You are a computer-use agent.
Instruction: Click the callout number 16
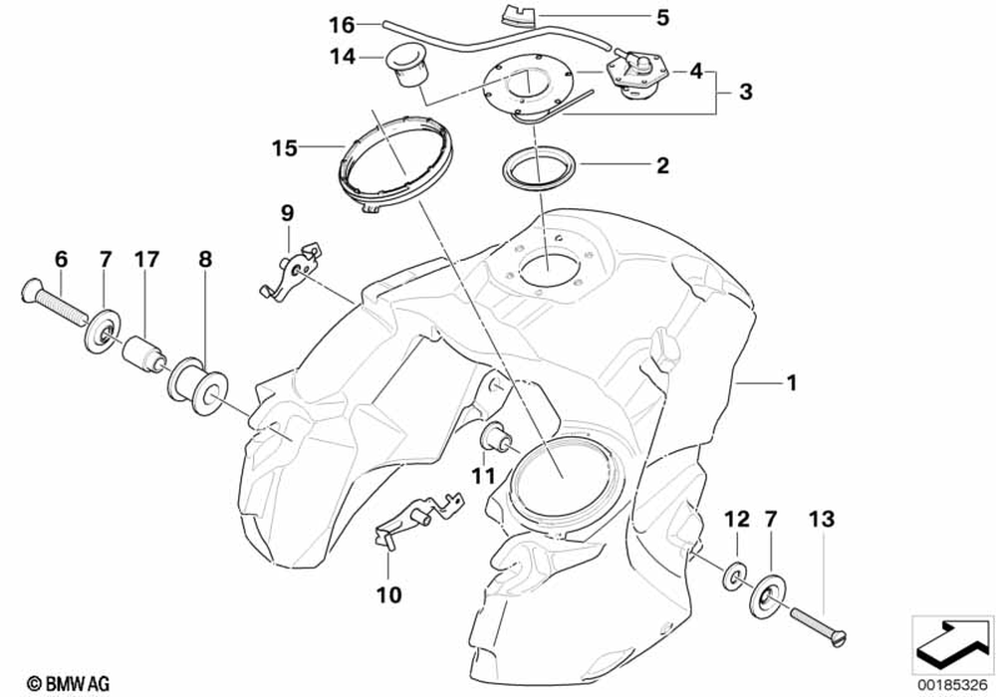[x=341, y=24]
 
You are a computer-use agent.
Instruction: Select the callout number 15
[x=285, y=148]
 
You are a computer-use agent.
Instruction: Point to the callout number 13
[x=823, y=520]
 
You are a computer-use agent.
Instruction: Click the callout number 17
[x=146, y=260]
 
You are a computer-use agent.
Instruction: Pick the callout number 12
[x=736, y=520]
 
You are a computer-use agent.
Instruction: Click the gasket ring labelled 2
[x=534, y=168]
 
